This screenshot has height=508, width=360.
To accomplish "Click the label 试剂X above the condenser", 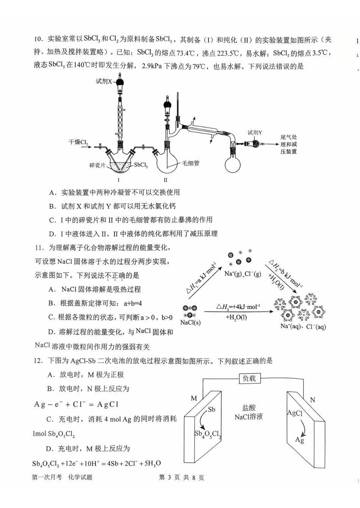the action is point(104,81).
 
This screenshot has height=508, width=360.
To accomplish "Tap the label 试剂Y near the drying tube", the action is point(255,132).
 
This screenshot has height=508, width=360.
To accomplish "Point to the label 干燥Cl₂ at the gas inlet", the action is point(78,142).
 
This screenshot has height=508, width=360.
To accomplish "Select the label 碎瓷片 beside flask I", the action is point(97,165).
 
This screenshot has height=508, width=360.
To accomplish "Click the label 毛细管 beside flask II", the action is point(191,163).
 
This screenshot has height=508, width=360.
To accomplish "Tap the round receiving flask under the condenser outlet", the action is point(233,164).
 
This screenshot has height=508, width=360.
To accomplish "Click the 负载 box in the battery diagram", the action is point(249,378).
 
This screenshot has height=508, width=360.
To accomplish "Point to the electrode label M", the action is point(194,398).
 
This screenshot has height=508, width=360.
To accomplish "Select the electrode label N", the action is point(312,400).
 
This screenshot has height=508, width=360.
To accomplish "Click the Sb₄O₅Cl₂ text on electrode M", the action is point(207,434).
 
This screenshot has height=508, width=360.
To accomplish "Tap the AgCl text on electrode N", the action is point(295,413).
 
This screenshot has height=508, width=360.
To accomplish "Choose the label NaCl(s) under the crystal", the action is point(190,322).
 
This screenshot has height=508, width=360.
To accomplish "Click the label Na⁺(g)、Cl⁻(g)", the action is point(243,274).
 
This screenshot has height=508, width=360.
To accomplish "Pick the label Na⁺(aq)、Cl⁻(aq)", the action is point(303,326).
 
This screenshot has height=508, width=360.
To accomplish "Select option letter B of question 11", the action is point(52,303).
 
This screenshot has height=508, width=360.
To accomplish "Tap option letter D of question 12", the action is point(49,449).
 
